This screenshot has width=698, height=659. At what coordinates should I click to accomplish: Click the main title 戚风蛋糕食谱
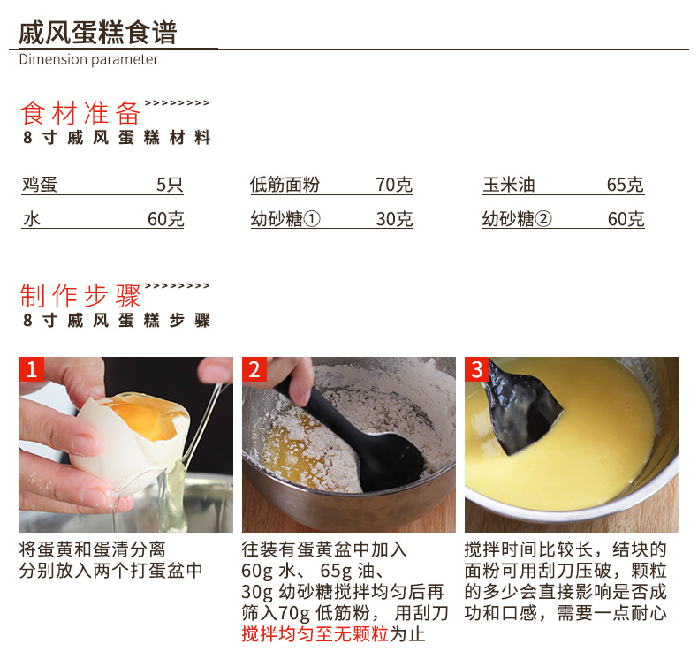pyautogui.click(x=98, y=32)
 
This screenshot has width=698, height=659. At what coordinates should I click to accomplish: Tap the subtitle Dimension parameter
pyautogui.click(x=88, y=59)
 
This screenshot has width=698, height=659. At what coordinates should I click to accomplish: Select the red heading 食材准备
pyautogui.click(x=80, y=113)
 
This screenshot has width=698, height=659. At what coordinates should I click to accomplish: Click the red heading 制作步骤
pyautogui.click(x=80, y=295)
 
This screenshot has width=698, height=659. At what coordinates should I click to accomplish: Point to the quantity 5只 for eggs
pyautogui.click(x=170, y=185)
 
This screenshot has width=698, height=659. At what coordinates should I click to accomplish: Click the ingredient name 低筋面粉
pyautogui.click(x=285, y=185)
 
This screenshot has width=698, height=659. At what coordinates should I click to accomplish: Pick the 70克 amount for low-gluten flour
pyautogui.click(x=394, y=185)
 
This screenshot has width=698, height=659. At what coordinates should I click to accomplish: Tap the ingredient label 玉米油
pyautogui.click(x=509, y=185)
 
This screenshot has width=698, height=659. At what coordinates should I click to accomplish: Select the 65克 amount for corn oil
pyautogui.click(x=625, y=185)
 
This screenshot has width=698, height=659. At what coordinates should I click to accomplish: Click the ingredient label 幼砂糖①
pyautogui.click(x=285, y=218)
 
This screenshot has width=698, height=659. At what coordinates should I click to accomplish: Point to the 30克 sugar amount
pyautogui.click(x=394, y=218)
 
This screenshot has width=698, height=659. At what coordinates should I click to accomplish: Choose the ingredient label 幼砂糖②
pyautogui.click(x=517, y=218)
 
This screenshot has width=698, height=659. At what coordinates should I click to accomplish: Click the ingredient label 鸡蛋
pyautogui.click(x=40, y=185)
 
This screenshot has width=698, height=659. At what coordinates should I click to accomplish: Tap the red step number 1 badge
pyautogui.click(x=32, y=369)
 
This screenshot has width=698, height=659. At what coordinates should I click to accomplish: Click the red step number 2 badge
pyautogui.click(x=254, y=369)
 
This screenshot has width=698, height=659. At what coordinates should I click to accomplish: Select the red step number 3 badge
pyautogui.click(x=477, y=369)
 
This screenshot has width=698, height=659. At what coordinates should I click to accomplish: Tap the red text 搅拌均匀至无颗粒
pyautogui.click(x=315, y=633)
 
